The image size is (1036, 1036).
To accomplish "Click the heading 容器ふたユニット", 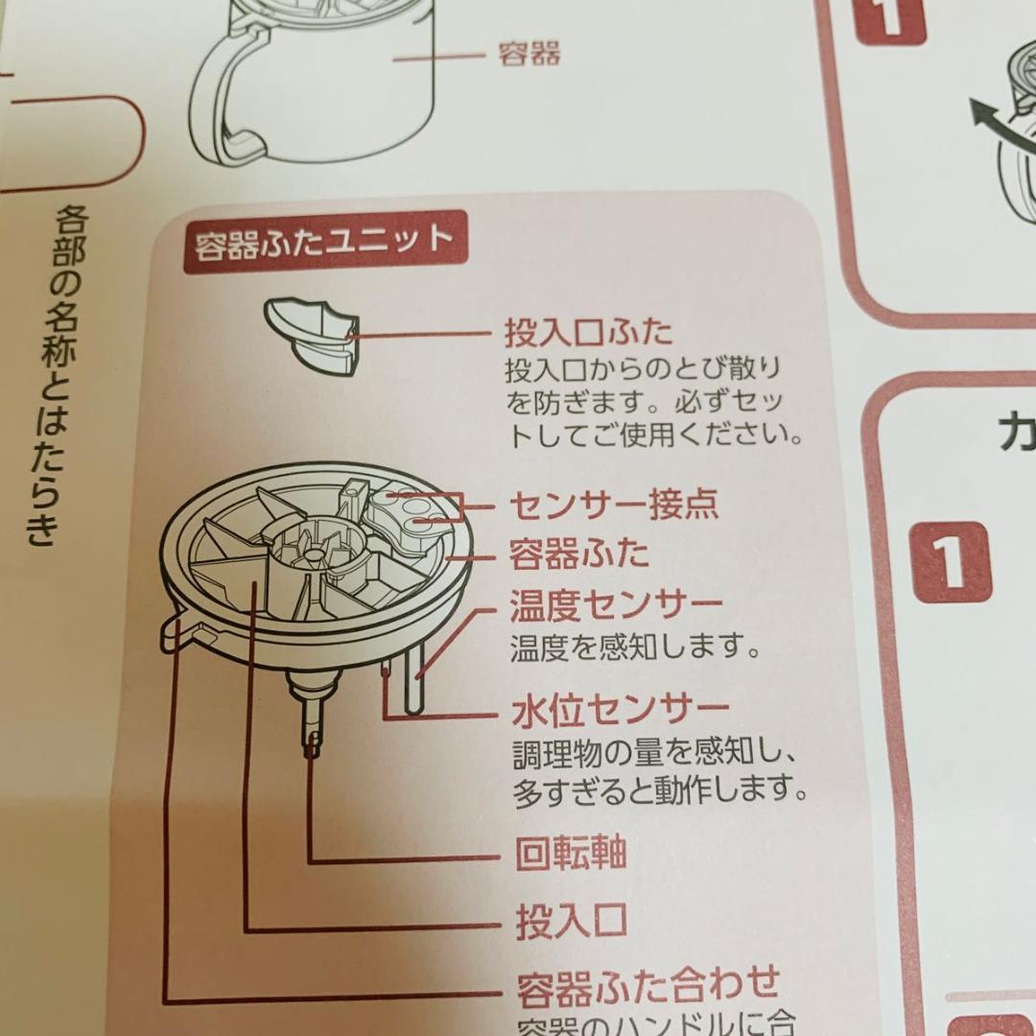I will point(324,242).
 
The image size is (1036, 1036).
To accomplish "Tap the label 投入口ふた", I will point(589,333).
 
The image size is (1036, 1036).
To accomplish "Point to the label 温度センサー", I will point(616,605).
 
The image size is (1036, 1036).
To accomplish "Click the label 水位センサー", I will point(620,711).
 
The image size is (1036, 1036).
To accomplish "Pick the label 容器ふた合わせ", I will point(647,984).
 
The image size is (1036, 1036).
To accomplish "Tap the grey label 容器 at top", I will point(529,54).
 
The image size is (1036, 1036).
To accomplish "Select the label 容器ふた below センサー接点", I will point(577,554).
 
